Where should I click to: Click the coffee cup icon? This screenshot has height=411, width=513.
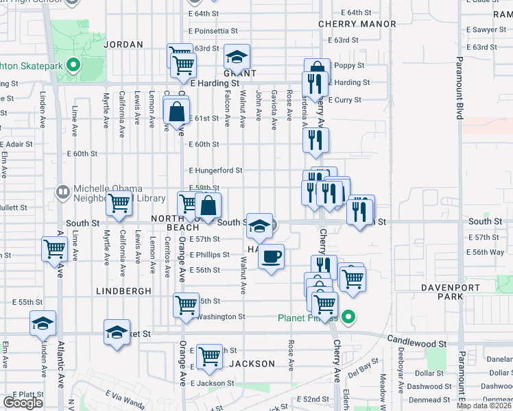point(272,257)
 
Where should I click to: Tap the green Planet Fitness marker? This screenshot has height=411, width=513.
point(348,317)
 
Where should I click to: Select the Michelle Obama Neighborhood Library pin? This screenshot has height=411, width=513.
point(62,191)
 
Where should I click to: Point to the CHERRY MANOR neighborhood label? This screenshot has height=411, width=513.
point(357,24)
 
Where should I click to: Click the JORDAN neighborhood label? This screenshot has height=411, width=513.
point(123,45)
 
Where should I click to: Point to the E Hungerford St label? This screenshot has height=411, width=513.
point(215,171)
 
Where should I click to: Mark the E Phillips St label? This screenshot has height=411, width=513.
point(209,255)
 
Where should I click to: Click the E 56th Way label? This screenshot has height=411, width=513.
point(489,252)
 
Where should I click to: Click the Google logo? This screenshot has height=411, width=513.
point(23,403)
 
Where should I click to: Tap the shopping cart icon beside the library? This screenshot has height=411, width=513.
point(119,204)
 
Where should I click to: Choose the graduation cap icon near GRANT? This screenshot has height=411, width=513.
point(237,56)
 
